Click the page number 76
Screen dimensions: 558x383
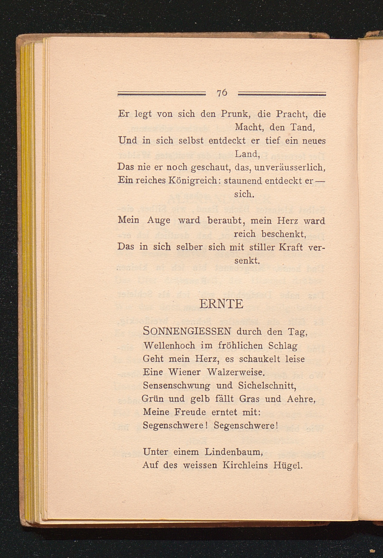tap(222, 93)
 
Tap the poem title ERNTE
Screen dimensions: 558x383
tap(221, 304)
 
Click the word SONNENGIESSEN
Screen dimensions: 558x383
tap(187, 331)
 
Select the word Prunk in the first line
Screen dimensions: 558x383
tap(235, 114)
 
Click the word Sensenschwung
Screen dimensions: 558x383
tap(176, 386)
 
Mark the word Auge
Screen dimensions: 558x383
tap(159, 221)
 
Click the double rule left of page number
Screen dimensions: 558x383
tap(161, 93)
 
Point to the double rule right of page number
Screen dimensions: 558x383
tap(282, 93)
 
